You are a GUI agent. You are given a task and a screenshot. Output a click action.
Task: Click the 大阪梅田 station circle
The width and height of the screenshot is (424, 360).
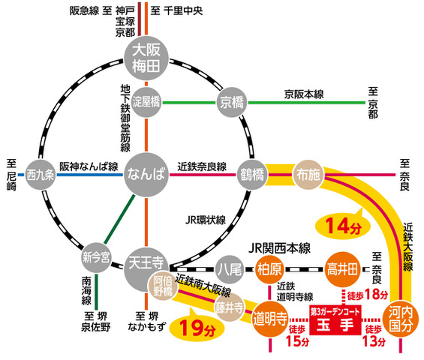pos(146,58)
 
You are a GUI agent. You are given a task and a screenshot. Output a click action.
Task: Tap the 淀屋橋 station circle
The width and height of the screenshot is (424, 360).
pos(146,102)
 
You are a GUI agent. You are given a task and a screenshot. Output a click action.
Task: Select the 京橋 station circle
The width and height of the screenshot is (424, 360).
pos(232,102)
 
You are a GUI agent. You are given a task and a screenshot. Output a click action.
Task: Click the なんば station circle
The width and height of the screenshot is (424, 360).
pos(146,175)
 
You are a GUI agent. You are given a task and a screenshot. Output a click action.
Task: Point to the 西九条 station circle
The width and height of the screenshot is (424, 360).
pos(41,175)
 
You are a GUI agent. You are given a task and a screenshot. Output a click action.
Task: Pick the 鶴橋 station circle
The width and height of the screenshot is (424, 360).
pos(252,175)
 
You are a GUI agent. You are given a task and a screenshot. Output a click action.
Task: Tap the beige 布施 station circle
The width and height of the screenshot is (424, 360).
pos(308,175)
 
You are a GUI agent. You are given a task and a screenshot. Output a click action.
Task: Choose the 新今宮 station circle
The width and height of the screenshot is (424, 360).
pos(96,257)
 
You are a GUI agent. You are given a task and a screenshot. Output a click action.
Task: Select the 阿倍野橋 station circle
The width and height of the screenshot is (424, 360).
pos(163,286)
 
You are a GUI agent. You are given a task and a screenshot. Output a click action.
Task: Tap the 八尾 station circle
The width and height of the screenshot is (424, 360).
pos(230,269)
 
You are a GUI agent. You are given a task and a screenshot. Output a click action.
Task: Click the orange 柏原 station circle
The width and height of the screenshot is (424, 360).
pos(269,269)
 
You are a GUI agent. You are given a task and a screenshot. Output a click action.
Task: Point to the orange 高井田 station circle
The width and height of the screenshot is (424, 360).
pos(342,269)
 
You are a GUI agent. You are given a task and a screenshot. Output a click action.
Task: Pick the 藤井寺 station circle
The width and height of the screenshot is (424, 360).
pos(230,307)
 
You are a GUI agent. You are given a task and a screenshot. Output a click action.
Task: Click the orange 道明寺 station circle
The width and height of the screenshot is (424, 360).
pos(270,319)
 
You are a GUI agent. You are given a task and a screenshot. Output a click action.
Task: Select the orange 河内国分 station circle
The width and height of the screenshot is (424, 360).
pos(401,319)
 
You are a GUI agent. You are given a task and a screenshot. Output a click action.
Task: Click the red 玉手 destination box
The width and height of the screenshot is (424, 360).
pos(335,320)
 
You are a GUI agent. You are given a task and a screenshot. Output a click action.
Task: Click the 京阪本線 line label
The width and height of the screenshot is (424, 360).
pos(304,94)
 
